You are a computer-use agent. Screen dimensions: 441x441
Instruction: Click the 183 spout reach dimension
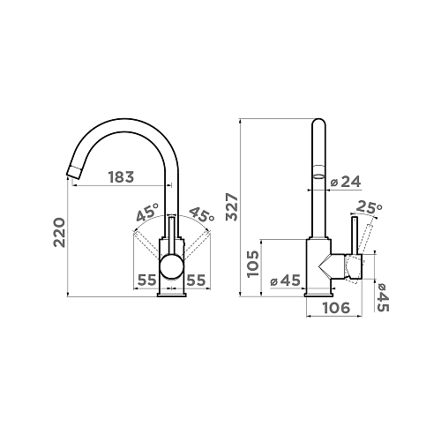click(x=121, y=177)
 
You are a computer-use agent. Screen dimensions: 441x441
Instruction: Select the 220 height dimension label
click(x=59, y=232)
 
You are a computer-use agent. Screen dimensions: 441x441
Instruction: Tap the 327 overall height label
click(x=233, y=206)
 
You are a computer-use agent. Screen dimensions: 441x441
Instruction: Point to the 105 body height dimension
click(x=253, y=264)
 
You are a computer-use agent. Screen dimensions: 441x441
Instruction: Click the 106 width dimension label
click(x=336, y=308)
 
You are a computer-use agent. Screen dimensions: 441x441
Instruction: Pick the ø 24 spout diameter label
click(x=346, y=183)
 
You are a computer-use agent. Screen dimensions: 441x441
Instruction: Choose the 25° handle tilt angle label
click(x=370, y=207)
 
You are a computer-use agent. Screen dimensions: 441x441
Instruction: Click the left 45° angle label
click(x=147, y=213)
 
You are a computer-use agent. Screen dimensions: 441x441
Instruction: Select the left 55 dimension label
click(x=147, y=280)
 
